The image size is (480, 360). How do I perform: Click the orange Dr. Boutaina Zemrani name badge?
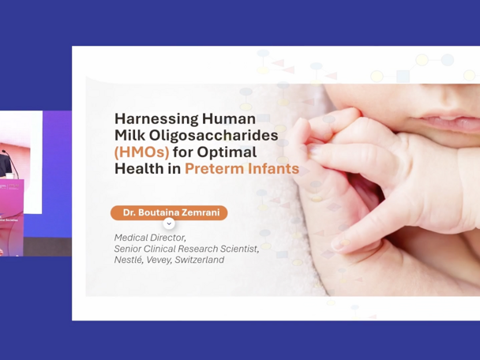(169, 212)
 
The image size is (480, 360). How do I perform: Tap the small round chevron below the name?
(169, 224)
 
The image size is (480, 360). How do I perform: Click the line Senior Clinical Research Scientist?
(186, 249)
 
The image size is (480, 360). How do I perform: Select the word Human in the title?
(229, 118)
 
